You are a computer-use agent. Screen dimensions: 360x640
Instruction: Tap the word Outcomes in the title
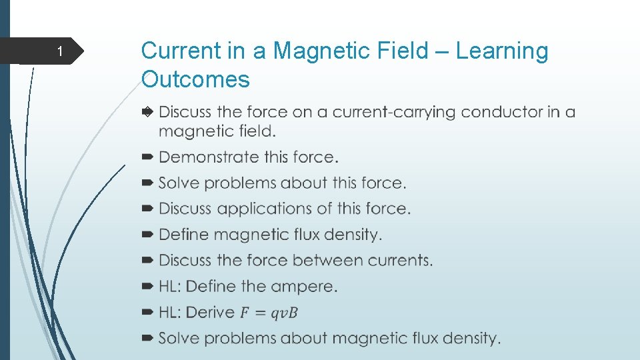195,79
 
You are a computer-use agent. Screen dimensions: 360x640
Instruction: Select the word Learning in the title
501,51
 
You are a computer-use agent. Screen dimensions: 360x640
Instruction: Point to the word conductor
493,112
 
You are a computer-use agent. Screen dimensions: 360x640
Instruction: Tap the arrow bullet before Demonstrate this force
147,157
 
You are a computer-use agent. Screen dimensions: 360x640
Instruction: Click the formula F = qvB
269,313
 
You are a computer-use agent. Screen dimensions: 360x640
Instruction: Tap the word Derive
210,313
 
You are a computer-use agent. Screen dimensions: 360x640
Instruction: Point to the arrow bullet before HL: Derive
147,313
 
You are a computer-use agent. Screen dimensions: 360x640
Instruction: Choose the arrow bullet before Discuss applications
147,209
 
